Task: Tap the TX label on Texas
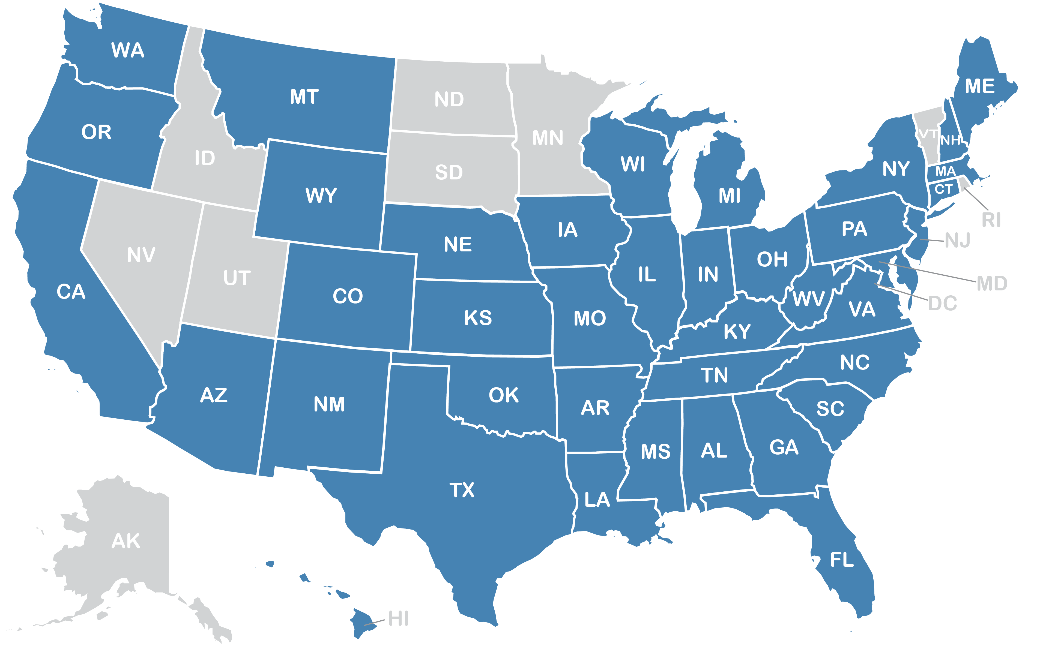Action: coord(462,490)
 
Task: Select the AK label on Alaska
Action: coord(126,541)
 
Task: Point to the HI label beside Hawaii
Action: coord(398,619)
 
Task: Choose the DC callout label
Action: coord(942,304)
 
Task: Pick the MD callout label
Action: coord(992,284)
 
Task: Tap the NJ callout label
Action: coord(958,241)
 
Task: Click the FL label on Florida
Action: coord(842,560)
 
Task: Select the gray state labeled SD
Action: coord(449,173)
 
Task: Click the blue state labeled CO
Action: coord(348,296)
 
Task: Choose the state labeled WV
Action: coord(808,299)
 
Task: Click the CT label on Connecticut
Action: coord(943,189)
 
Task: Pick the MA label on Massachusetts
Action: coord(945,172)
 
